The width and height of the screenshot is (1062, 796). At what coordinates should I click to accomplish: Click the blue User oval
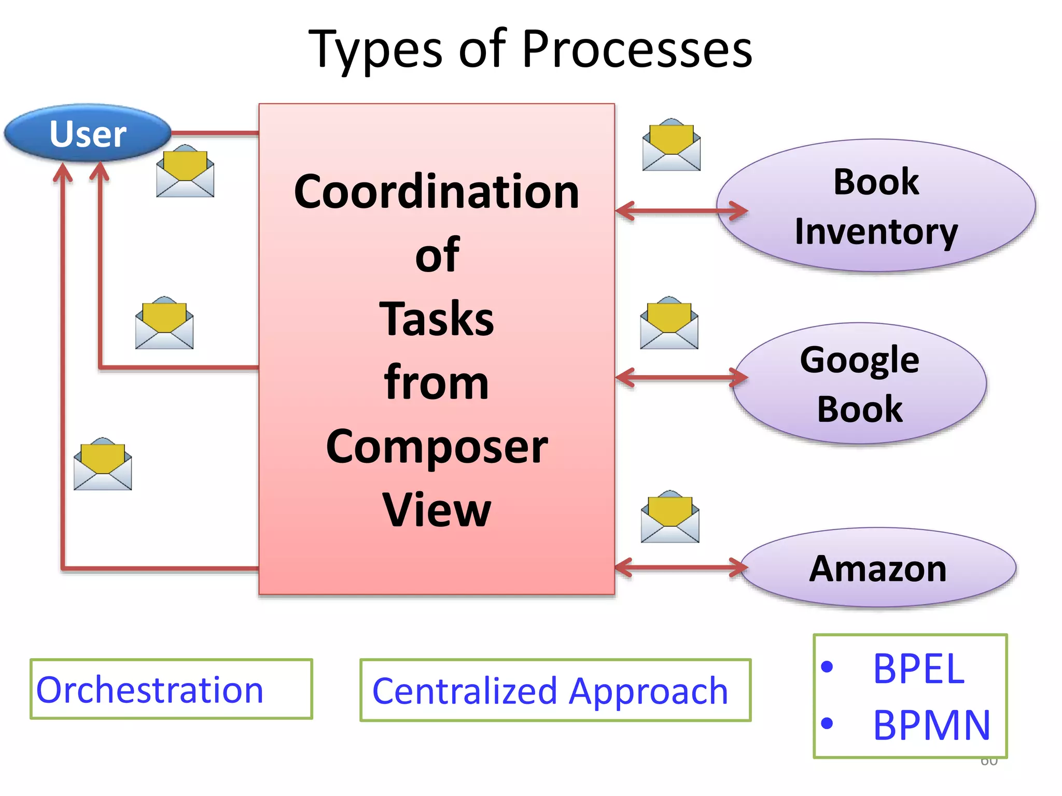(88, 133)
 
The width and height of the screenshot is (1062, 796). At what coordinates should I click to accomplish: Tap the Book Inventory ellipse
(876, 206)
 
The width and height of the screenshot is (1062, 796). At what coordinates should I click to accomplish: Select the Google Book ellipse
(859, 383)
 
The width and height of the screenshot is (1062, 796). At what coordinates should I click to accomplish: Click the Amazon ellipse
(877, 568)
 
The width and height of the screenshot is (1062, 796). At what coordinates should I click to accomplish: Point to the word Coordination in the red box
(436, 192)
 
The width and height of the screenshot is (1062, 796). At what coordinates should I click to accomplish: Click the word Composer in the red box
(436, 447)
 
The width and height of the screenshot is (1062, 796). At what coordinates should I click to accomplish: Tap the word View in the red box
(436, 510)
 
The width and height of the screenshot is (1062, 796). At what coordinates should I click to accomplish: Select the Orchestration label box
(171, 689)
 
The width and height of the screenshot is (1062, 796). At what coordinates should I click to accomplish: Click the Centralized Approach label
(555, 690)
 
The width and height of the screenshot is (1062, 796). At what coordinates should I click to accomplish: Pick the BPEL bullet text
(918, 669)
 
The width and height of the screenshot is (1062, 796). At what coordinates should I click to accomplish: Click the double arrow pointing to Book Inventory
(681, 211)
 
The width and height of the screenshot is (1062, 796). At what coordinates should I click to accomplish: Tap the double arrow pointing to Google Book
(681, 377)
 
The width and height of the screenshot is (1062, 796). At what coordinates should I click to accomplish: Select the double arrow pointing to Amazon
(681, 567)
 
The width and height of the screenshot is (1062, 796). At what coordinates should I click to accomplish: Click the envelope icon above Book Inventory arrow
(671, 145)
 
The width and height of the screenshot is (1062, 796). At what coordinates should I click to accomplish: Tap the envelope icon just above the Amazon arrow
(670, 517)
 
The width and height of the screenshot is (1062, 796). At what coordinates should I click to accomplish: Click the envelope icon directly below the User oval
(185, 172)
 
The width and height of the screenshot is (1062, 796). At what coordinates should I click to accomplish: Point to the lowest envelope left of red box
(103, 464)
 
